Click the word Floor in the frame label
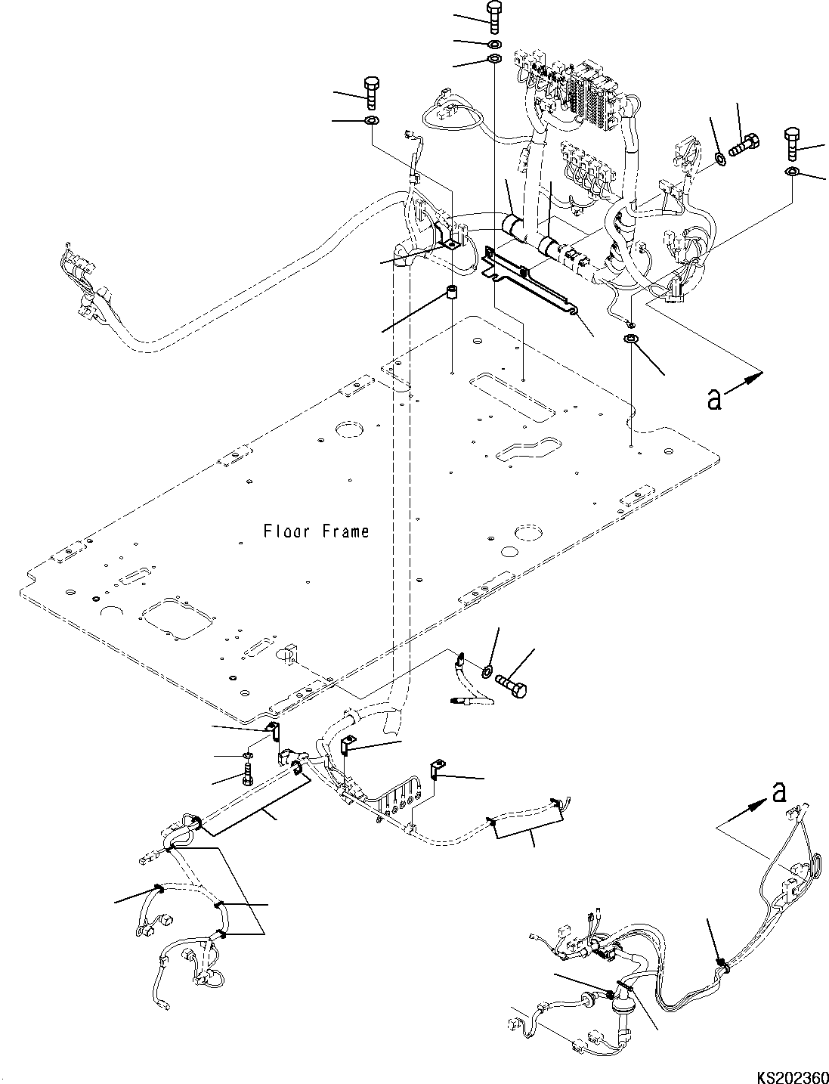point(288,531)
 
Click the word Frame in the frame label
point(345,531)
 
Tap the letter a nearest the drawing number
point(780,793)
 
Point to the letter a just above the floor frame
point(714,399)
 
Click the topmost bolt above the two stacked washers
point(494,16)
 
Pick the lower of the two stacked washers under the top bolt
point(495,59)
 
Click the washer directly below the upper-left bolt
point(372,121)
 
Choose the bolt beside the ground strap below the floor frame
point(515,683)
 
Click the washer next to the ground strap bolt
point(487,670)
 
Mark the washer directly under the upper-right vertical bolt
point(790,172)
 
